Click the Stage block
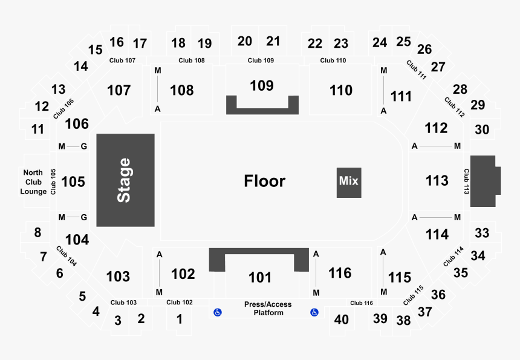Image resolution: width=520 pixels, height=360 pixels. [x=125, y=180]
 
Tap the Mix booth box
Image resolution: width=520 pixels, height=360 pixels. [x=349, y=183]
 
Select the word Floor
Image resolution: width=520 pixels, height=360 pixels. [x=265, y=181]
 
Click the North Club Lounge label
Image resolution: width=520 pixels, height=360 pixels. [x=33, y=182]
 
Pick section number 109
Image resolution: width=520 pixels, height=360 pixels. [x=262, y=85]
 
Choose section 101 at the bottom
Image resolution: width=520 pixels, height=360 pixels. [x=260, y=277]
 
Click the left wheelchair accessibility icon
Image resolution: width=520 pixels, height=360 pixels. [x=218, y=312]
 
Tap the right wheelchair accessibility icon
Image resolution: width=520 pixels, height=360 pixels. [x=314, y=312]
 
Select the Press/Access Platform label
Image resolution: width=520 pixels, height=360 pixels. [x=268, y=309]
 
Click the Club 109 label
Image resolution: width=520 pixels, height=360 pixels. [x=261, y=61]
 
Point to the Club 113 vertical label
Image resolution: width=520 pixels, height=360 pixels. [x=467, y=181]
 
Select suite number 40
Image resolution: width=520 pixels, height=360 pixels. [x=341, y=319]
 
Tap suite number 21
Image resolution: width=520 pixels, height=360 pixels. [x=273, y=41]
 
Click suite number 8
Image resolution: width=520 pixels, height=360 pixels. [x=37, y=232]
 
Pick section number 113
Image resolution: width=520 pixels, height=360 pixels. [x=437, y=181]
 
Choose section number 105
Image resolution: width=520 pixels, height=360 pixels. [x=73, y=182]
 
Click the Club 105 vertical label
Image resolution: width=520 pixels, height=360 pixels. [x=53, y=182]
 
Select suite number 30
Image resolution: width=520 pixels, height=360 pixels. [x=482, y=129]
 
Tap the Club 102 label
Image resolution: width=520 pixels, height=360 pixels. [x=180, y=303]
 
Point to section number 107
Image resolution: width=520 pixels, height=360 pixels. [x=119, y=90]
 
